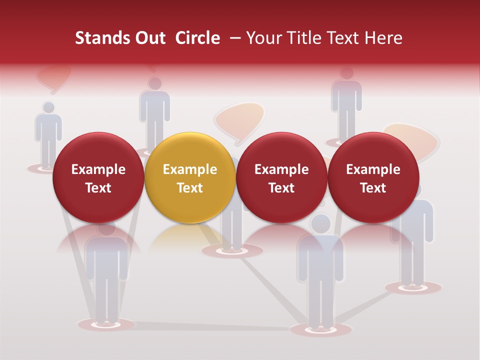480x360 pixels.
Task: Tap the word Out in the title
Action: click(148, 38)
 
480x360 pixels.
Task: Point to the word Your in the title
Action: click(263, 38)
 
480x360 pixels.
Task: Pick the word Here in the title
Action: click(383, 38)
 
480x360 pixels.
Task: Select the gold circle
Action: click(190, 177)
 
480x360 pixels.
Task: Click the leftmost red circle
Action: click(98, 177)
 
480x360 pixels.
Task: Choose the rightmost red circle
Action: click(373, 177)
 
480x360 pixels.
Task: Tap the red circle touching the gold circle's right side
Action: click(281, 177)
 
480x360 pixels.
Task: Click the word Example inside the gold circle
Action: click(190, 169)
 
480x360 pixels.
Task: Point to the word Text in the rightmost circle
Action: click(373, 188)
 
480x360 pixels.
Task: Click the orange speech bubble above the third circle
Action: click(239, 121)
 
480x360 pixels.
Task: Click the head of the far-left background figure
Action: click(48, 108)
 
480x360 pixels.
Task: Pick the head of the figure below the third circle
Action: click(320, 222)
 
